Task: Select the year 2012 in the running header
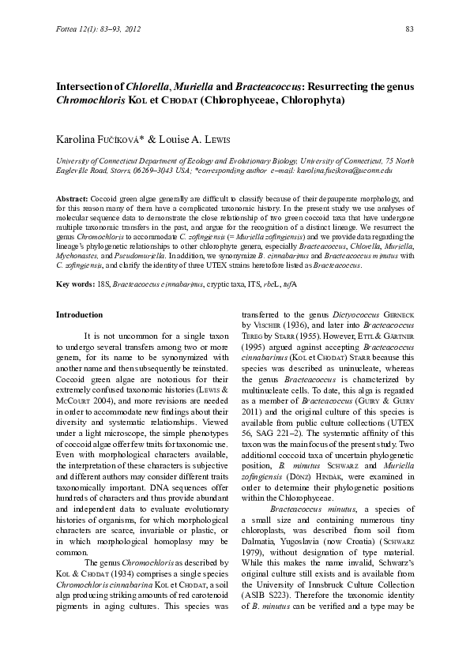(x=130, y=29)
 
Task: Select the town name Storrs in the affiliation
(x=117, y=170)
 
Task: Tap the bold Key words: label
(x=72, y=283)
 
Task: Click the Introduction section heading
(x=79, y=314)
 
